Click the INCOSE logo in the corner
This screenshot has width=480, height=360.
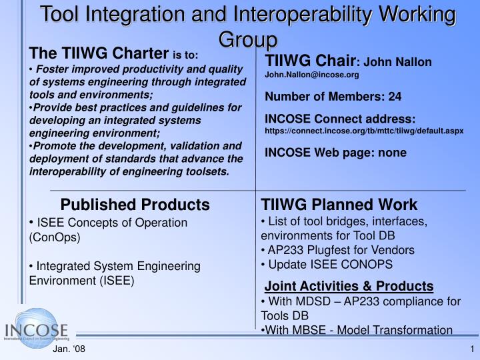[x=37, y=330]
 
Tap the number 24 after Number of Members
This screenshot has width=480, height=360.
[x=395, y=97]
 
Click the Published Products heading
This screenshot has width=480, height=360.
[x=135, y=204]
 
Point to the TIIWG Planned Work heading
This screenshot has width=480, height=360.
[x=339, y=204]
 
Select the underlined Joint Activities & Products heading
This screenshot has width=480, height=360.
[x=349, y=286]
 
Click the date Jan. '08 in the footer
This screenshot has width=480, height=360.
[x=69, y=350]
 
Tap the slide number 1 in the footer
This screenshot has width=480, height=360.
[x=471, y=350]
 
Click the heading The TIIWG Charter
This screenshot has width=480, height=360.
[x=99, y=53]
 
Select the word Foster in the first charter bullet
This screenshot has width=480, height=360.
[x=53, y=69]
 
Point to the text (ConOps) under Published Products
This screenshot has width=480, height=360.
[x=55, y=237]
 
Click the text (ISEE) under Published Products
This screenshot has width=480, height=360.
[x=117, y=280]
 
